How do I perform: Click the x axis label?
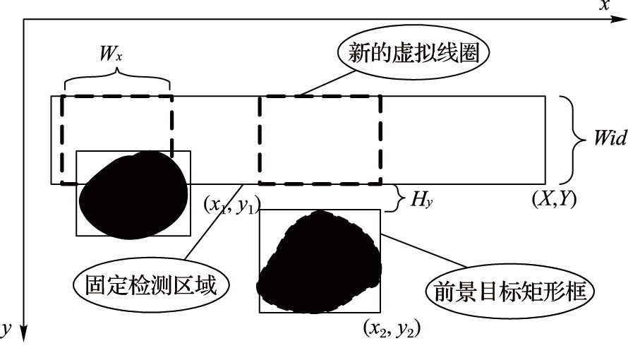(x=603, y=6)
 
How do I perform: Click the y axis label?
(x=6, y=330)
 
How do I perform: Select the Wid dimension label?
(x=608, y=138)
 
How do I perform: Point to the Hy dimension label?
(x=422, y=200)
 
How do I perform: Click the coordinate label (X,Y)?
(x=554, y=199)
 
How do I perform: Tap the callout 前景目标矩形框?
(x=507, y=290)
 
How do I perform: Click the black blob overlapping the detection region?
(x=133, y=194)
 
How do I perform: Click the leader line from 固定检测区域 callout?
(x=211, y=228)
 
